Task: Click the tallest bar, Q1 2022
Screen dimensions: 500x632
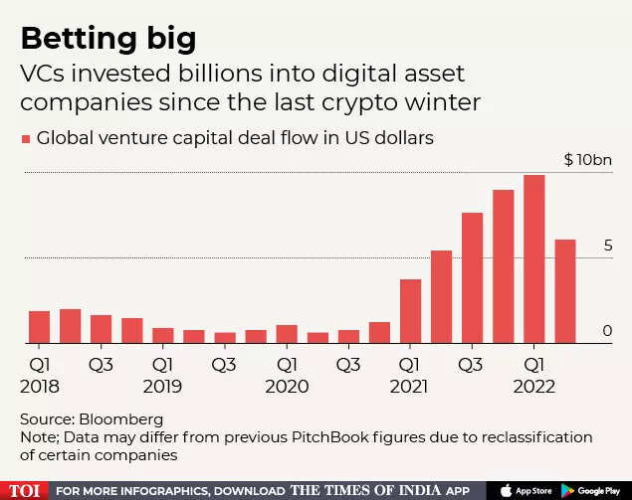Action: [x=533, y=260]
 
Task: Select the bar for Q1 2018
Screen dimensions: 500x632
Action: [x=39, y=327]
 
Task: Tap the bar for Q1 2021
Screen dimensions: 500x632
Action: [x=410, y=311]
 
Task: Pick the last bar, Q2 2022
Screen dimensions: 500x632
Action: [x=564, y=291]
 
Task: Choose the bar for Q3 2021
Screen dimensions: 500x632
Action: [x=472, y=278]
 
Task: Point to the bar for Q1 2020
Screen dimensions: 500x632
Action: [x=287, y=334]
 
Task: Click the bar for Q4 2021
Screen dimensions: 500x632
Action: [x=503, y=266]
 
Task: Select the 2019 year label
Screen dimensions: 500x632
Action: [x=163, y=386]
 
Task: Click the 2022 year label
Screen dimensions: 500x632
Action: [x=533, y=386]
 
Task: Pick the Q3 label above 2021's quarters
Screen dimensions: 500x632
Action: [x=472, y=365]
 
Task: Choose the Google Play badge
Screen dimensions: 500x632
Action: [x=592, y=490]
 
